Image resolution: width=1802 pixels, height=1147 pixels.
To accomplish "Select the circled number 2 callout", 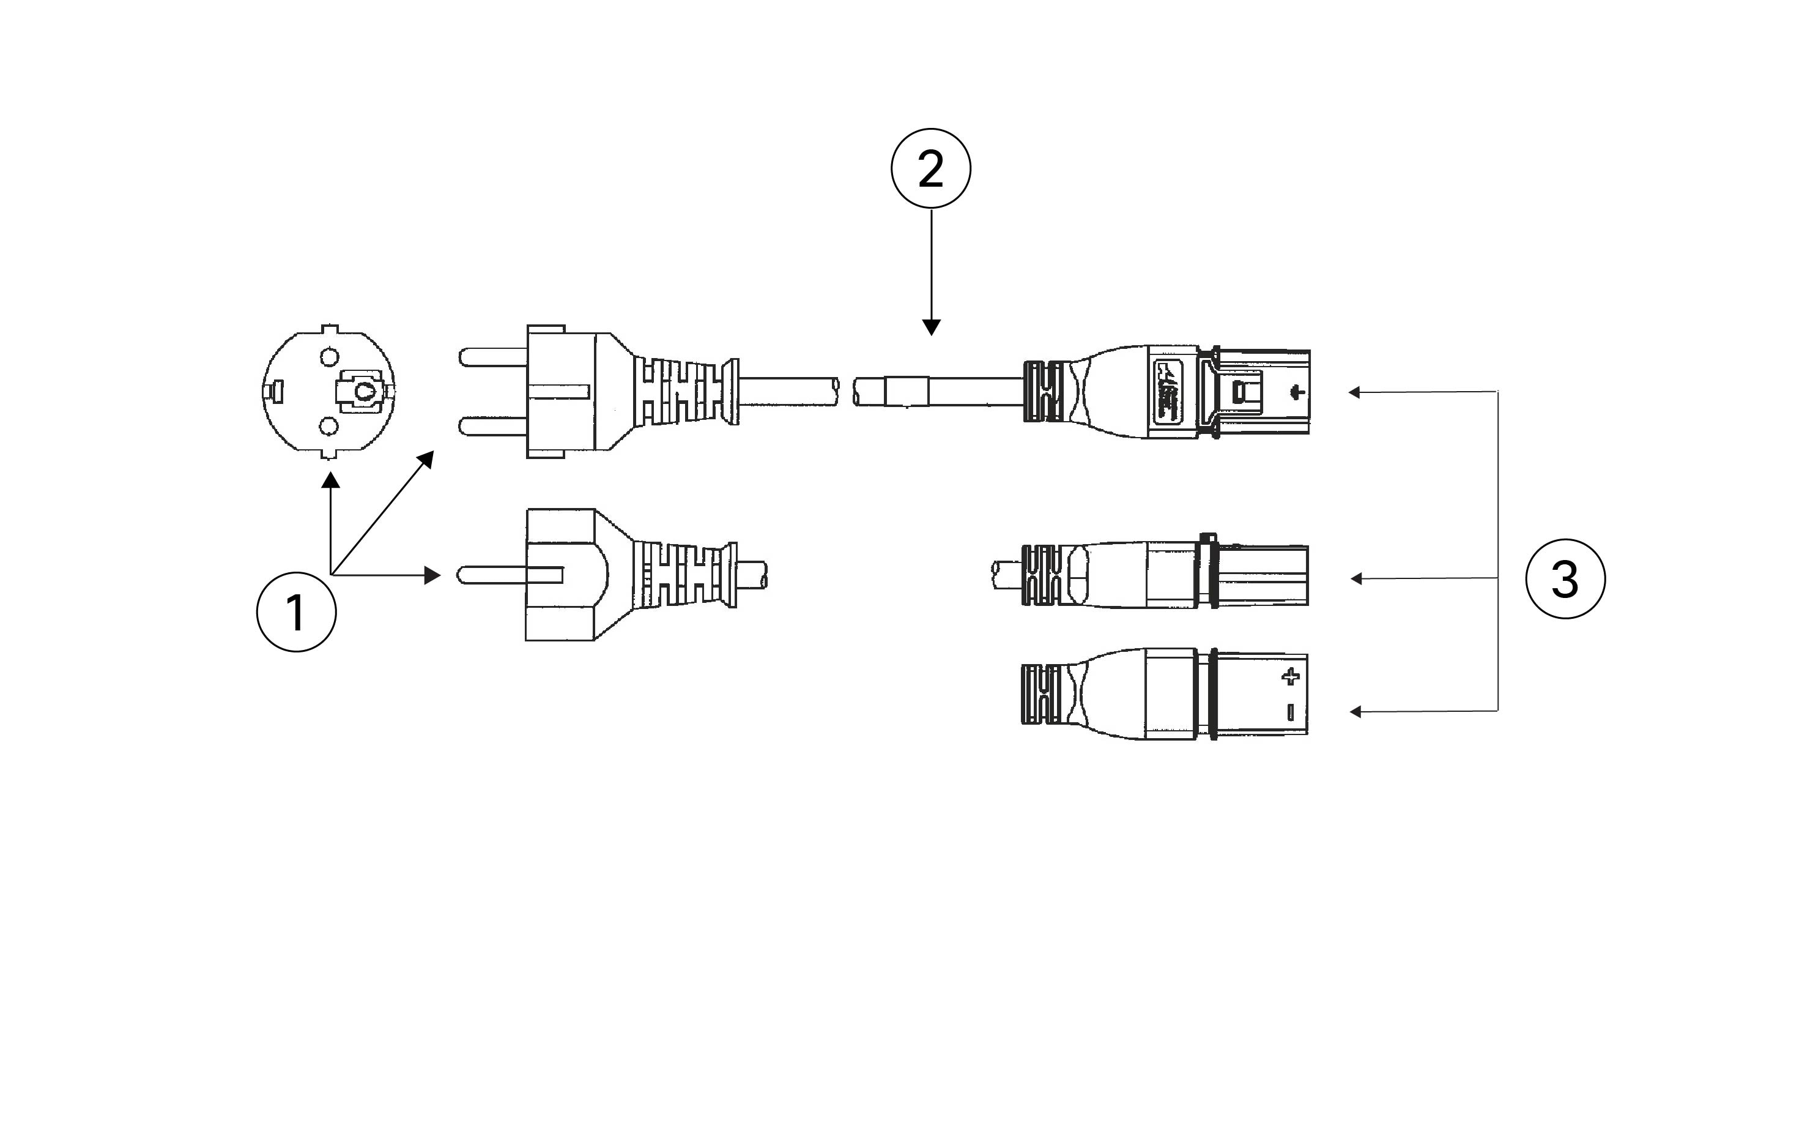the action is click(931, 168).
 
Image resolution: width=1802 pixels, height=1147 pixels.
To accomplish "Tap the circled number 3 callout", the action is click(1565, 579).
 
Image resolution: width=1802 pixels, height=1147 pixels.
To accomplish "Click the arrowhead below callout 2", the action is click(931, 327).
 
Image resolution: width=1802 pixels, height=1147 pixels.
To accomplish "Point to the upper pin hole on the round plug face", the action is click(329, 356).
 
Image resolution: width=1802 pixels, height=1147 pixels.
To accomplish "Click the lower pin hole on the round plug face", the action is click(328, 427).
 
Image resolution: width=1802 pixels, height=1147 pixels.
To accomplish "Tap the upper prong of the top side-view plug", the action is click(494, 357).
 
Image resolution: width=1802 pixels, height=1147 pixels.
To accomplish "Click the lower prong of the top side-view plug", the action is click(494, 427).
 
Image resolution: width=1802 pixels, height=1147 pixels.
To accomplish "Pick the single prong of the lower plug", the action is click(509, 575).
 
